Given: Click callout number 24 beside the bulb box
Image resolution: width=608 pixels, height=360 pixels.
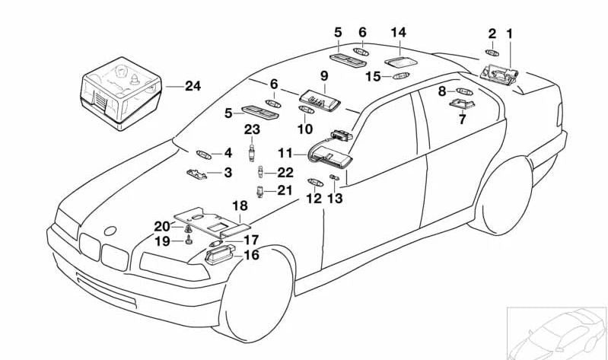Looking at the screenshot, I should pyautogui.click(x=193, y=86).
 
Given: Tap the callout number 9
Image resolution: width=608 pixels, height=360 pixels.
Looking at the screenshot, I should pyautogui.click(x=323, y=76).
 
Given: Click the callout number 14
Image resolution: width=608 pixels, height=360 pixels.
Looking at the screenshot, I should pyautogui.click(x=399, y=33).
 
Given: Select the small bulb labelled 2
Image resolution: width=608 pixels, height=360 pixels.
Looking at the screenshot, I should pyautogui.click(x=492, y=53).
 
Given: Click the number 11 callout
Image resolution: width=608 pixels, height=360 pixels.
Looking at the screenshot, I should pyautogui.click(x=285, y=152).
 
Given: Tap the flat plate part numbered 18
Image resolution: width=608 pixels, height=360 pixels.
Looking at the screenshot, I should pyautogui.click(x=211, y=220).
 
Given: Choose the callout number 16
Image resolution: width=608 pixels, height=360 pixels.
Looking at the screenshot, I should pyautogui.click(x=250, y=255).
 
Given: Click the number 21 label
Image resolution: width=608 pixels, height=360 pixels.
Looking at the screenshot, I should pyautogui.click(x=284, y=190).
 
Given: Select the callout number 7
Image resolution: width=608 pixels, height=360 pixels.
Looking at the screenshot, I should pyautogui.click(x=461, y=119).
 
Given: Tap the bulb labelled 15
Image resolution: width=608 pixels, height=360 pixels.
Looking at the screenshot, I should pyautogui.click(x=402, y=76).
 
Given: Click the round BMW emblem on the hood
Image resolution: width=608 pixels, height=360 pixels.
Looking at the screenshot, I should pyautogui.click(x=111, y=231).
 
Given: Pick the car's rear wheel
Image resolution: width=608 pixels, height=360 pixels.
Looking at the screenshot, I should pyautogui.click(x=501, y=196).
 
